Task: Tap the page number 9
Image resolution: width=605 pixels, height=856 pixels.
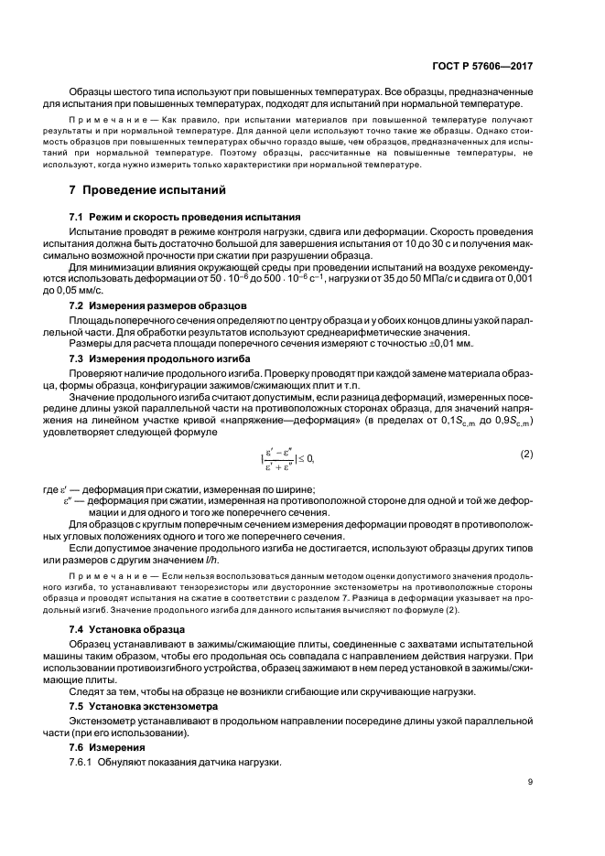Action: (530, 781)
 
